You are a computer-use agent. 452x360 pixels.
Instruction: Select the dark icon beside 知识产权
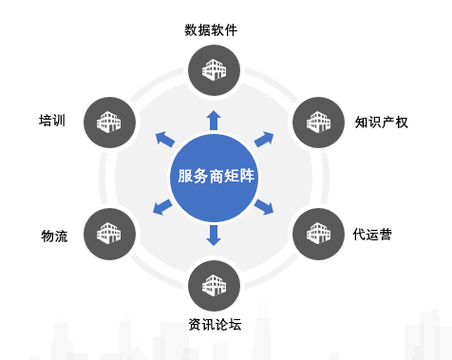pyautogui.click(x=316, y=121)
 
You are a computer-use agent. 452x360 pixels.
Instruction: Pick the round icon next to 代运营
pyautogui.click(x=316, y=231)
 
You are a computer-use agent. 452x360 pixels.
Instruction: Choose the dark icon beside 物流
pyautogui.click(x=106, y=231)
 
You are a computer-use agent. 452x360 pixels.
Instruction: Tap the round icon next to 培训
pyautogui.click(x=106, y=121)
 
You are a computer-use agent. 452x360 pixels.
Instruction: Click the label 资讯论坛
pyautogui.click(x=214, y=324)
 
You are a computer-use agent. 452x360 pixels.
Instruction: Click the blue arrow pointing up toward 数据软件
pyautogui.click(x=213, y=119)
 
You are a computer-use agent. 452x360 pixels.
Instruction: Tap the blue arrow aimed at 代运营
pyautogui.click(x=265, y=205)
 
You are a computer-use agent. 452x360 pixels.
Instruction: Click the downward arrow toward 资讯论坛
pyautogui.click(x=213, y=235)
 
